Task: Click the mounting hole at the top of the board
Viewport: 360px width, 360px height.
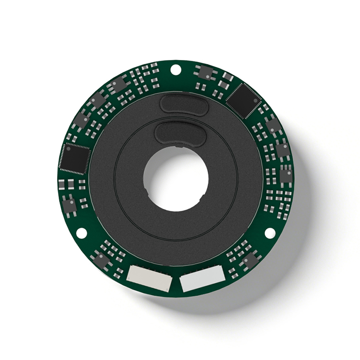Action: click(176, 70)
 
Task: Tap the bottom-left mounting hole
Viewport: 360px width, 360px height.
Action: click(82, 233)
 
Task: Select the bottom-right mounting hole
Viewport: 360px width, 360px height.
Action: click(270, 233)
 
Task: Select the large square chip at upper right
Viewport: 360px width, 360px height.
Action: click(244, 100)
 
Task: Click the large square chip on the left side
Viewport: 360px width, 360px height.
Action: click(75, 158)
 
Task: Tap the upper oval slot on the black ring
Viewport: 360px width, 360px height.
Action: click(182, 104)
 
